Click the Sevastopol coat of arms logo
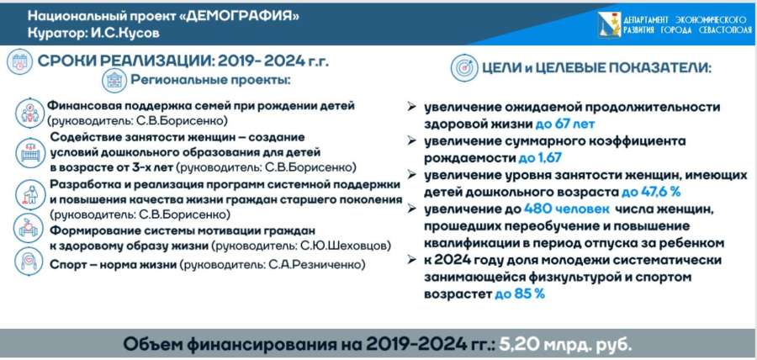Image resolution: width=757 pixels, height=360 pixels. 609,24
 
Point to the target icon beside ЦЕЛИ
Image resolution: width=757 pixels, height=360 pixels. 464,67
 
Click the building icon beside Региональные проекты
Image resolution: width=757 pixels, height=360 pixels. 114,81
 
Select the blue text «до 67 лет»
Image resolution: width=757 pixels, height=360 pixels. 565,124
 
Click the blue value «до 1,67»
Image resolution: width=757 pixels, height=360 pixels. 540,158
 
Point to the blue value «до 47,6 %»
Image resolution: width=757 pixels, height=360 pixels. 651,192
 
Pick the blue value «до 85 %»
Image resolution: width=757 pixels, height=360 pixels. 520,294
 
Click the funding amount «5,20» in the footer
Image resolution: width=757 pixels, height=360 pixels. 518,345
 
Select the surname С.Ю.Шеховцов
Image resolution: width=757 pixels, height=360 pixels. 346,246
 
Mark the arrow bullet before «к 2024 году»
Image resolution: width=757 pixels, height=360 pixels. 412,260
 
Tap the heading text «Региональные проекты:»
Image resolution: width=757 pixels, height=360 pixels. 210,80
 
